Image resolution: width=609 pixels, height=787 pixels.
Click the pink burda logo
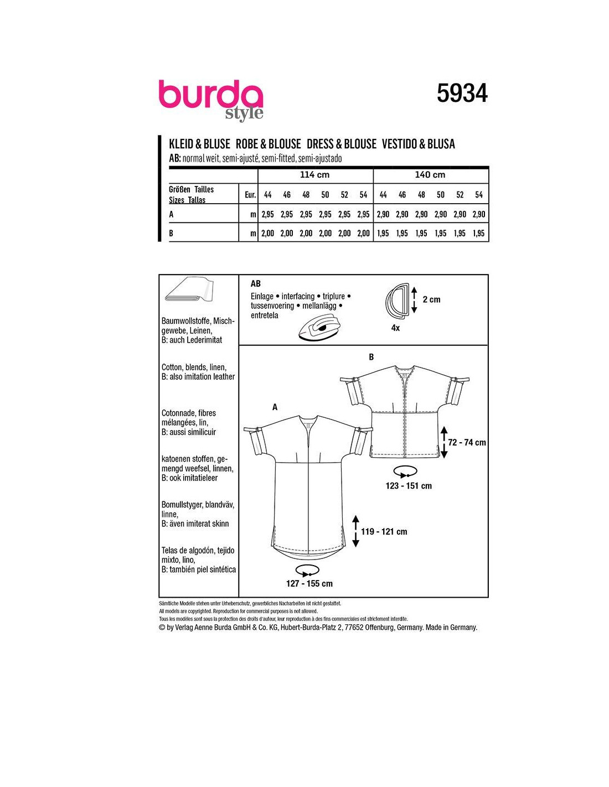click(x=210, y=100)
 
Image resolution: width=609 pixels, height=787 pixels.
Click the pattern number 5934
click(x=462, y=94)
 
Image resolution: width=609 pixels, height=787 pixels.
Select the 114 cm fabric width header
click(x=314, y=174)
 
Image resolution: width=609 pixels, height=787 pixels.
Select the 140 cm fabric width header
click(x=430, y=174)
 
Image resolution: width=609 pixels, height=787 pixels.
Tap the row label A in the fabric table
click(x=171, y=214)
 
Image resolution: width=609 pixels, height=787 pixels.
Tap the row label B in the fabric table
click(x=171, y=233)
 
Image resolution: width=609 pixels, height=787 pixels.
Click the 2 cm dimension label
click(x=431, y=299)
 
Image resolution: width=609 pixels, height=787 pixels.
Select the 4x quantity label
click(x=396, y=328)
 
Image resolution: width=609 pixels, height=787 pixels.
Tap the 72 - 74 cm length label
click(x=467, y=442)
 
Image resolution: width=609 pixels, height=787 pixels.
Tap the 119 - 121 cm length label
click(x=384, y=531)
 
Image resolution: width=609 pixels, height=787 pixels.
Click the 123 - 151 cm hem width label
click(x=409, y=486)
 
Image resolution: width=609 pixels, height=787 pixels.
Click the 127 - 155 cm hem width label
click(x=309, y=583)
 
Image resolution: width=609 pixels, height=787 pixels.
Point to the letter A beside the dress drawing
click(x=275, y=407)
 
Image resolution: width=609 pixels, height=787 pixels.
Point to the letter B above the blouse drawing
click(x=371, y=357)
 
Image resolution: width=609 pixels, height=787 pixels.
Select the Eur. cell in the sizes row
click(x=250, y=195)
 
